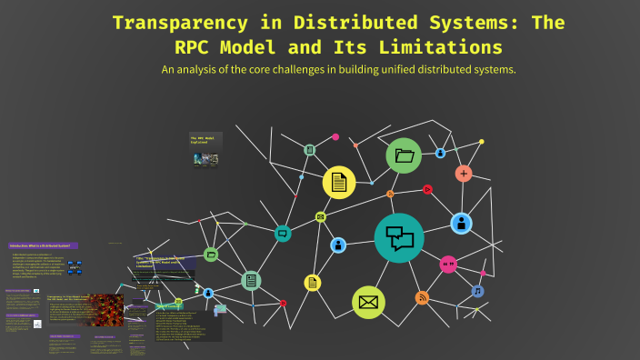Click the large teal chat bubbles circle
(399, 238)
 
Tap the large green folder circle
(404, 155)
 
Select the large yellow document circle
(339, 182)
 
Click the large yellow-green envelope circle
(368, 301)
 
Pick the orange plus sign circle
(464, 173)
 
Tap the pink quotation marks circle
(447, 265)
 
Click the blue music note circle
(477, 292)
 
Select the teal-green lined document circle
(251, 281)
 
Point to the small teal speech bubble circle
(283, 234)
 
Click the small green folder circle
(211, 255)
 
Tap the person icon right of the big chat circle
(461, 222)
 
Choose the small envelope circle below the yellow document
(321, 217)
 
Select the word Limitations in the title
(441, 45)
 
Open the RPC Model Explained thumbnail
(205, 150)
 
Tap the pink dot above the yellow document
(335, 136)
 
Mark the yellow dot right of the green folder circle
(482, 142)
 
